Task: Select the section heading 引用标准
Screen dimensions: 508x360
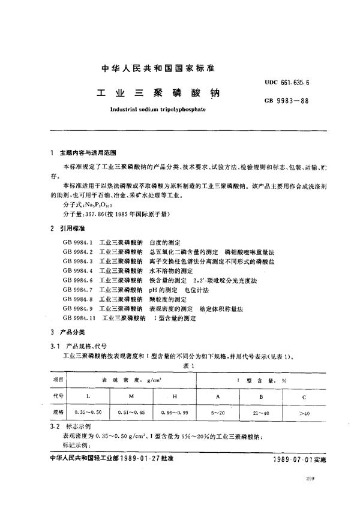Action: [70, 229]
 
